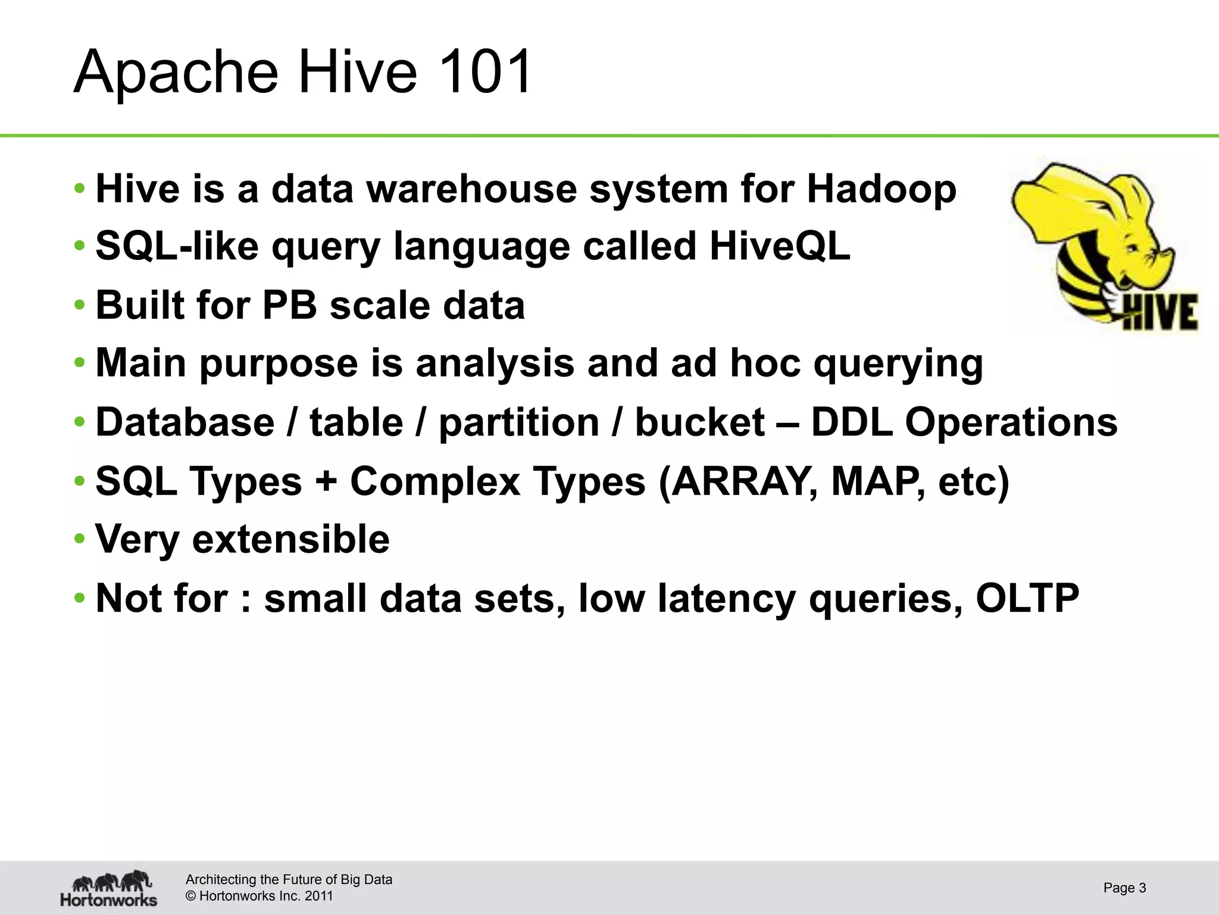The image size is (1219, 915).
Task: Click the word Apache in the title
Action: (x=176, y=72)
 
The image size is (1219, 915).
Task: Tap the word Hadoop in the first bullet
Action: (x=882, y=189)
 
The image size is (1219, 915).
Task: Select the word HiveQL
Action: (x=780, y=246)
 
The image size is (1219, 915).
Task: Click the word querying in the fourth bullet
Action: (x=898, y=363)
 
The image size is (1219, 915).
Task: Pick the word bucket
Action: (x=700, y=422)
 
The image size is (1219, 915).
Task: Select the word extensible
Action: (x=291, y=539)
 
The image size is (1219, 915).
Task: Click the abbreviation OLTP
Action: (x=1027, y=597)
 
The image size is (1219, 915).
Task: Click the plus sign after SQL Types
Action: (x=326, y=481)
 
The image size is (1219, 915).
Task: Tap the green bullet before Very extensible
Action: (x=80, y=539)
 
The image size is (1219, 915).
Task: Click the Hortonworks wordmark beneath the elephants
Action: (x=108, y=900)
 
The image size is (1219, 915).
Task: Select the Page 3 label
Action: (x=1124, y=888)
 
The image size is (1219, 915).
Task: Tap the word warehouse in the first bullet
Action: (x=471, y=189)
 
